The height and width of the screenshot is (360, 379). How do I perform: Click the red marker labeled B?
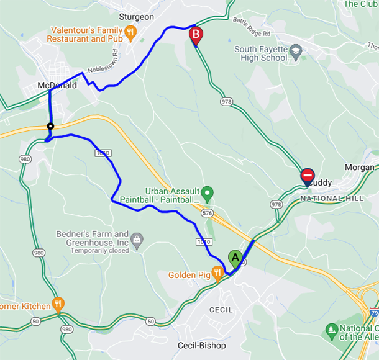(x=196, y=35)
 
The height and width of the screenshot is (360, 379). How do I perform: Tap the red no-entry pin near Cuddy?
(x=308, y=177)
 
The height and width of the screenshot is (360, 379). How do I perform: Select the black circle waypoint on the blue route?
(x=50, y=127)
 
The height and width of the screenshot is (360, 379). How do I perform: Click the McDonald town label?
(x=57, y=86)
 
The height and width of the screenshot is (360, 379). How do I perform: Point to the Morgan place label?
(x=360, y=168)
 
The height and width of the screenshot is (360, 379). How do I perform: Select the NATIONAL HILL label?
(x=330, y=198)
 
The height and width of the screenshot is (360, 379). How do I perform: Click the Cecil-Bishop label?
(x=202, y=345)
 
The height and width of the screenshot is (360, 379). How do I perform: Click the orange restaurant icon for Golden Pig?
(x=217, y=272)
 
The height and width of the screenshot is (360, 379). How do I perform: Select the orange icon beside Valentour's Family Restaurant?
(x=130, y=32)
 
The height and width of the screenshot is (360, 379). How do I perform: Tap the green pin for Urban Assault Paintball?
(x=208, y=192)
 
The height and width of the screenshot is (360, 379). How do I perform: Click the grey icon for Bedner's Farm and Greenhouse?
(x=137, y=238)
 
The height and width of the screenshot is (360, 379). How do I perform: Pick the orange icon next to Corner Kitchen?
(x=58, y=304)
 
